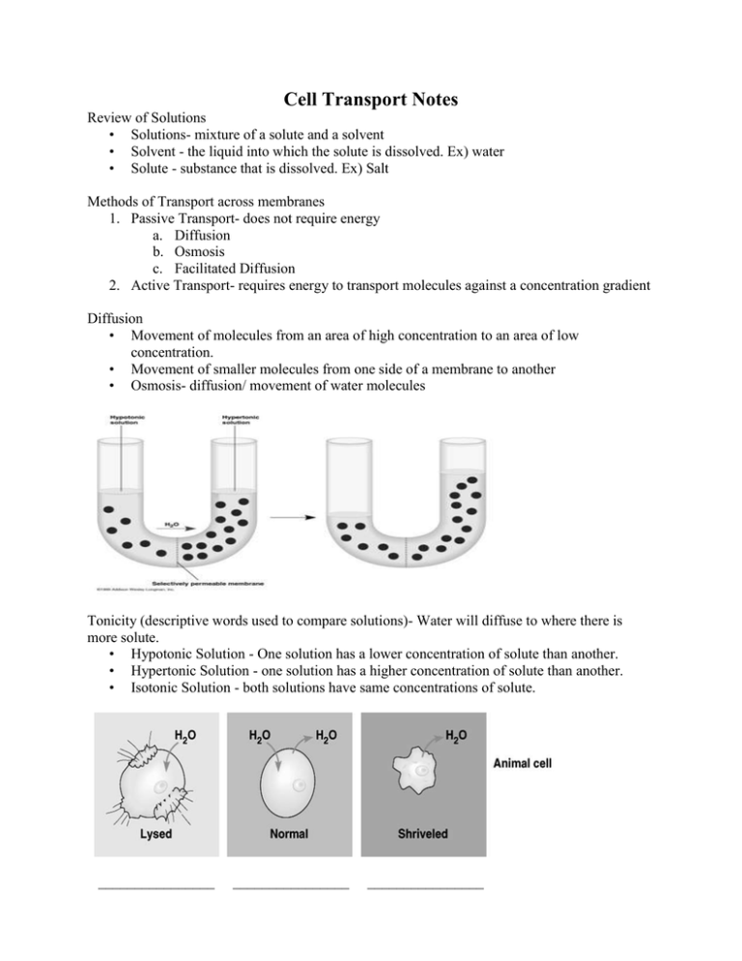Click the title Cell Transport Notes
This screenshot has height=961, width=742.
tap(371, 99)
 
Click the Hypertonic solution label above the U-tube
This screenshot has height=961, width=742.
tap(238, 420)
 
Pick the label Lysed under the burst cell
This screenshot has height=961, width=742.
tap(155, 833)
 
